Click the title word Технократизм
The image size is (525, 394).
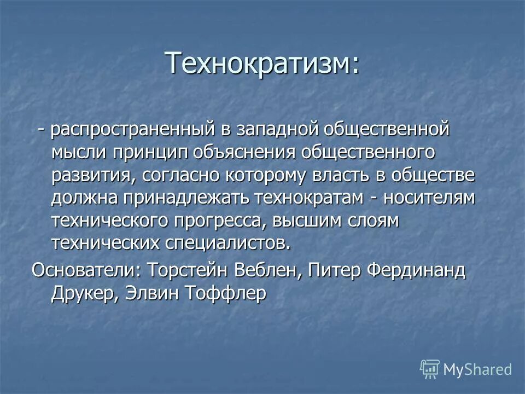[x=262, y=63]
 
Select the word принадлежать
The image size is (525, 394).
[x=181, y=198]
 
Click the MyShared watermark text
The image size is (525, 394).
[x=477, y=369]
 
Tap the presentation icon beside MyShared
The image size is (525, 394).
[x=430, y=369]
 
